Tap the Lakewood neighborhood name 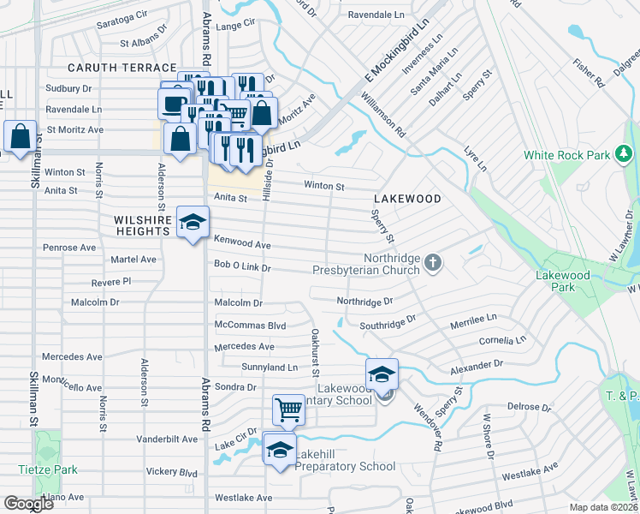[406, 199]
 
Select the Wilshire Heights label [143, 225]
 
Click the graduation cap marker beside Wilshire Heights [193, 223]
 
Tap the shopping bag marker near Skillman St [20, 137]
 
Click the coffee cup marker [174, 104]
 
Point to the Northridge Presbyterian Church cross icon [433, 263]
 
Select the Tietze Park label [48, 469]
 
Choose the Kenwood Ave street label [242, 245]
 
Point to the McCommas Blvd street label [249, 326]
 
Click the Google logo [28, 504]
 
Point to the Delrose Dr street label [530, 407]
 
